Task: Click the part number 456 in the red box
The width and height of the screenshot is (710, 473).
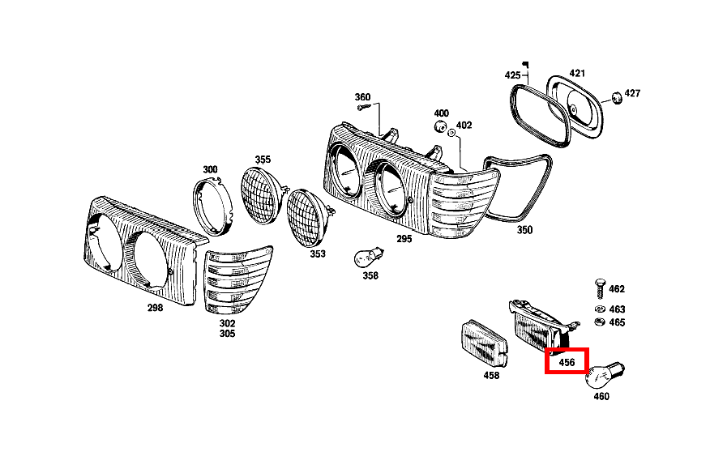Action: point(567,363)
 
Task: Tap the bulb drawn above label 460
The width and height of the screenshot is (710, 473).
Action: point(605,375)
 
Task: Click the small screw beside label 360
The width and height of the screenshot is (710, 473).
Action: point(364,107)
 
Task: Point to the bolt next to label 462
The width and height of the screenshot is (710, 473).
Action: point(600,288)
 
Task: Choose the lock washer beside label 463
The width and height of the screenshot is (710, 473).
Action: point(600,309)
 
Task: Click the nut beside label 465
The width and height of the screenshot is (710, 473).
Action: point(600,322)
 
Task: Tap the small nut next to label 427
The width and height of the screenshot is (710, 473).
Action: point(616,97)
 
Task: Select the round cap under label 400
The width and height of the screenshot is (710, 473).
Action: point(439,126)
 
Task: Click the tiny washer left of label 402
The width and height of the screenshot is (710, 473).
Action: point(451,133)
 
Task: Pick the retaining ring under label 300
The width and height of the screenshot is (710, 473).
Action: point(212,207)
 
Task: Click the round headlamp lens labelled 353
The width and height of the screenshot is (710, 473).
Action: point(310,217)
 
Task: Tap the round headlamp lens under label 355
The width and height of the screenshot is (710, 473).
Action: point(264,194)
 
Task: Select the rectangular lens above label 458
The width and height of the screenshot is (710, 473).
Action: point(485,343)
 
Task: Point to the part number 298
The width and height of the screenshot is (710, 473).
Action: point(155,308)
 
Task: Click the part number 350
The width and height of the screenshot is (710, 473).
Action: point(525,230)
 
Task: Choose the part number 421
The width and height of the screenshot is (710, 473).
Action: point(577,73)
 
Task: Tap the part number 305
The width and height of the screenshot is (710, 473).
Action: point(227,334)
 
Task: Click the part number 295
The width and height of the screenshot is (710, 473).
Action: point(404,239)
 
